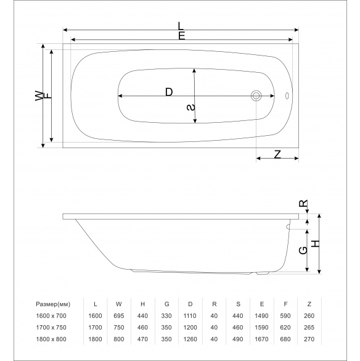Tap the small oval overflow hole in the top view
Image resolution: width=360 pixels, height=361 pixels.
click(287, 96)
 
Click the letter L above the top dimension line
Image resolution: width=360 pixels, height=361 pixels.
click(181, 26)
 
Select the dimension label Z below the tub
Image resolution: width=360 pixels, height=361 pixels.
click(277, 154)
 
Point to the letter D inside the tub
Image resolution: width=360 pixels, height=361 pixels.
click(169, 92)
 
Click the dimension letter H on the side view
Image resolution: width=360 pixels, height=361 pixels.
click(316, 244)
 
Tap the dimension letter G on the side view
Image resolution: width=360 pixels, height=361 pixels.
click(303, 251)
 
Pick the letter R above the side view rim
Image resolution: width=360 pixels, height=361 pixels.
click(303, 203)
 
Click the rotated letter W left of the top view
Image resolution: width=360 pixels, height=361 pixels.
click(39, 96)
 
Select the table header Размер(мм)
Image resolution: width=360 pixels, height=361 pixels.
click(53, 304)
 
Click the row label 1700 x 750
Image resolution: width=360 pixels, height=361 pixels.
click(51, 328)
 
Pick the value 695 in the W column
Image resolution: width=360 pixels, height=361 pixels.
click(119, 316)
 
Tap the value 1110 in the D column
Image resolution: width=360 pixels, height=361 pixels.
click(190, 316)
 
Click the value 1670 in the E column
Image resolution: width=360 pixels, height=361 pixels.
click(261, 339)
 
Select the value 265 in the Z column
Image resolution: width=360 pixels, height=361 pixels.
click(309, 328)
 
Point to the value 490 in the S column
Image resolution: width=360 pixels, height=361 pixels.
click(237, 339)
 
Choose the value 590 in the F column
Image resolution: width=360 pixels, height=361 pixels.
click(285, 316)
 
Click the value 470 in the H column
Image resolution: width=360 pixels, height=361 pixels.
click(142, 339)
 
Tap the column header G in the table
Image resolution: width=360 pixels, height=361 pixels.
click(167, 304)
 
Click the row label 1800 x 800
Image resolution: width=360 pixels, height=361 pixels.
click(51, 339)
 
